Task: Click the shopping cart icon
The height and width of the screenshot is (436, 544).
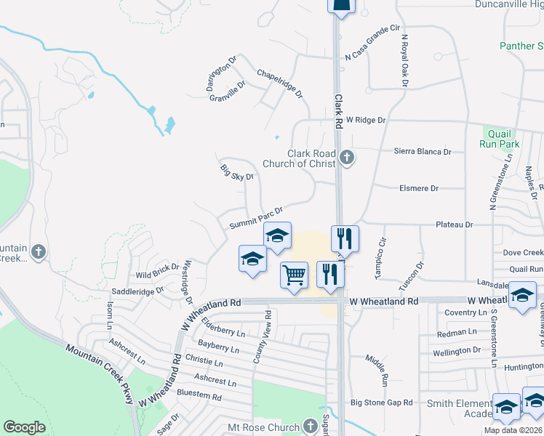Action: [x=294, y=275]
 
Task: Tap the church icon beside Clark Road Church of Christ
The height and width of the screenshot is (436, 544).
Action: [x=347, y=156]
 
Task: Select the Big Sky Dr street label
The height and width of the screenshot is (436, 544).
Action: [x=237, y=171]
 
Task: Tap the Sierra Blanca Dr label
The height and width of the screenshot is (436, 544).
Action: [x=423, y=152]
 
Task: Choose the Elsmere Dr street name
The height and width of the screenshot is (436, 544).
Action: [x=420, y=188]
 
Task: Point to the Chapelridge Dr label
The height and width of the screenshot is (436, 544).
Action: [x=280, y=84]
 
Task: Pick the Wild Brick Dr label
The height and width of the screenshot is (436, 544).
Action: [x=158, y=272]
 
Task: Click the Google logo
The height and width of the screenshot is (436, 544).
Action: [x=25, y=427]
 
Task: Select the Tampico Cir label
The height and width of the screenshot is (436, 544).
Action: [x=380, y=251]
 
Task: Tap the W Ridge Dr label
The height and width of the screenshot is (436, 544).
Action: [x=365, y=119]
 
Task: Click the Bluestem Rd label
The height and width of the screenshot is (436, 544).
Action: [x=200, y=396]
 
